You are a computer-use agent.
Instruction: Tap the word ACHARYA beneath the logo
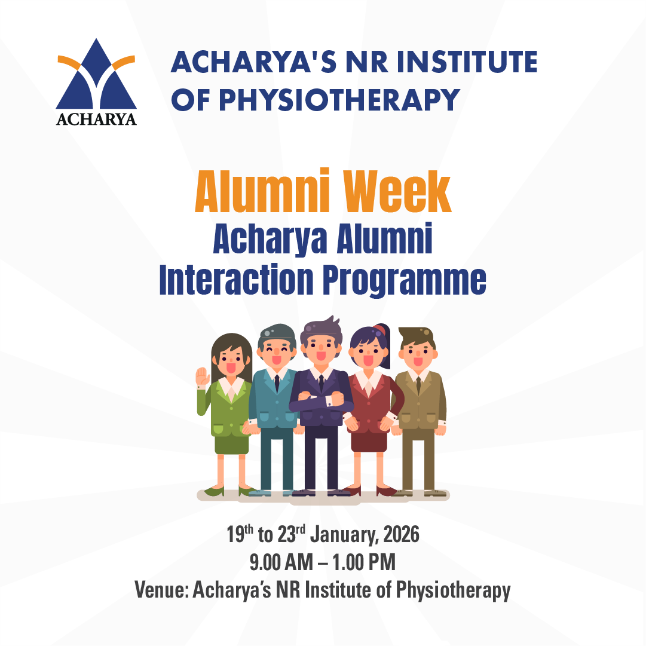coord(96,119)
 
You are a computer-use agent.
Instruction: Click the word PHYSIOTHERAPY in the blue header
coord(339,100)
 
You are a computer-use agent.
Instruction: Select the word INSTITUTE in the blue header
coord(467,62)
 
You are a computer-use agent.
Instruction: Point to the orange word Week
coord(397,192)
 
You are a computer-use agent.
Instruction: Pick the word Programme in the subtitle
coord(405,281)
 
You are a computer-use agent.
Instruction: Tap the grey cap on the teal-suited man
coord(277,333)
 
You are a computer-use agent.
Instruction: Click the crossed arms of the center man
coord(320,400)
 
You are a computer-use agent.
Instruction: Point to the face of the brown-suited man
coord(418,354)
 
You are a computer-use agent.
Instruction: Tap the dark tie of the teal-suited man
coord(277,384)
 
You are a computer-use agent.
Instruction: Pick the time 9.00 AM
coord(281,562)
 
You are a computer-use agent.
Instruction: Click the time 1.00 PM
coord(364,562)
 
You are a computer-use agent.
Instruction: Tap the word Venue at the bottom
coord(161,590)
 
